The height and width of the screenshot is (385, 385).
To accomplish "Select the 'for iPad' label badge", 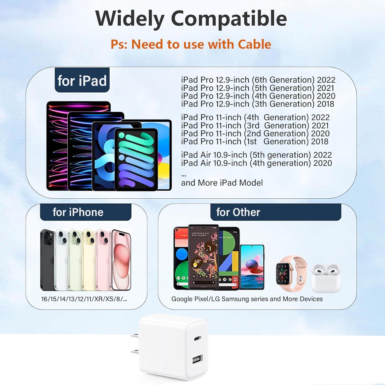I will pyautogui.click(x=82, y=81).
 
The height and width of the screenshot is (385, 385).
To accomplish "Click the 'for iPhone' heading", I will pyautogui.click(x=78, y=212).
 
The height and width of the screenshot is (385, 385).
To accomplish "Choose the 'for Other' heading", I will pyautogui.click(x=238, y=212).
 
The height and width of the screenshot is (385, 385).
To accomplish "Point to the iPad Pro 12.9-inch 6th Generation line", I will pyautogui.click(x=258, y=80).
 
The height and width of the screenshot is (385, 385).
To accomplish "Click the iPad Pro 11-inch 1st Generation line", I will pyautogui.click(x=255, y=141).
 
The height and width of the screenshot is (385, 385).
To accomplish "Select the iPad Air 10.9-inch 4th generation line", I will pyautogui.click(x=256, y=163).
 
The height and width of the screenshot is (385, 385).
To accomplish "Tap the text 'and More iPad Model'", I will pyautogui.click(x=222, y=183).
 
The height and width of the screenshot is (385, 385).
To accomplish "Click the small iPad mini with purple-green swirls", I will pyautogui.click(x=136, y=159).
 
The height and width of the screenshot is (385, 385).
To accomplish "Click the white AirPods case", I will pyautogui.click(x=326, y=278).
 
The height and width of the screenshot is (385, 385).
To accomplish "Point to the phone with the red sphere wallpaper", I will pyautogui.click(x=252, y=267).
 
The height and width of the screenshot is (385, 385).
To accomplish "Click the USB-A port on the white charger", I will pyautogui.click(x=197, y=359).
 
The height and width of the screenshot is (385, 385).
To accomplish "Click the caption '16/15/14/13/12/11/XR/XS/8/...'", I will pyautogui.click(x=84, y=299).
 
